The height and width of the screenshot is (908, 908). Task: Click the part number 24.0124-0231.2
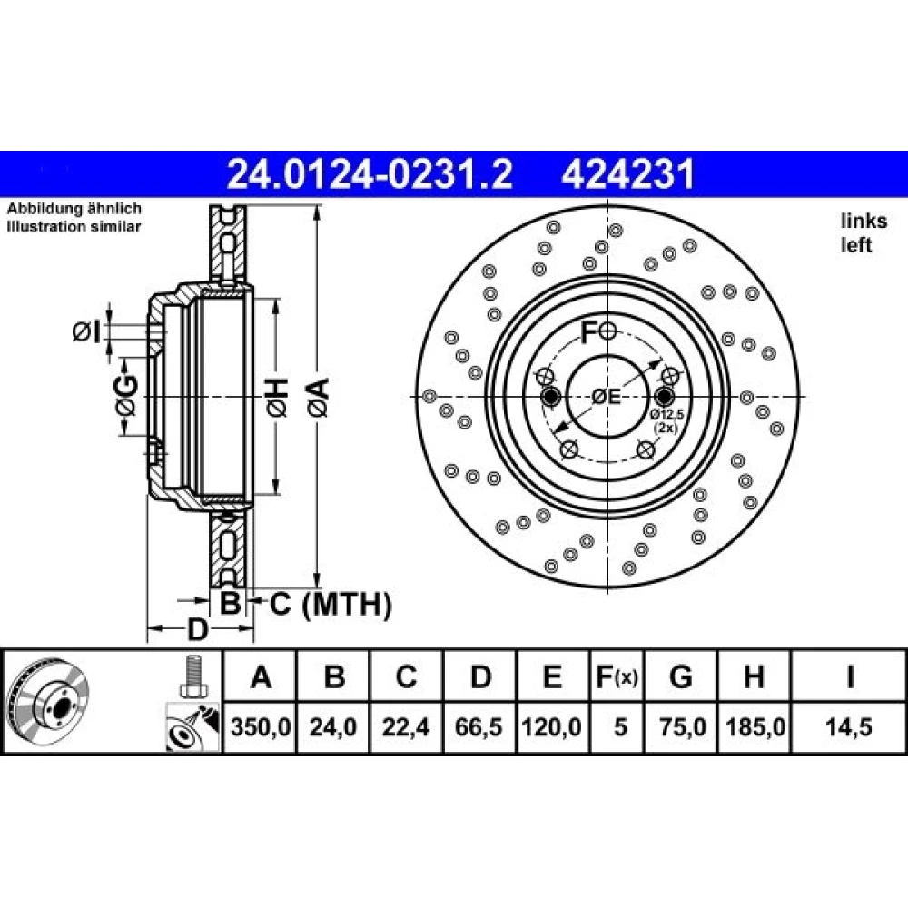(x=370, y=173)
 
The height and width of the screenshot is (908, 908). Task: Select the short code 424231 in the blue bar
(x=627, y=173)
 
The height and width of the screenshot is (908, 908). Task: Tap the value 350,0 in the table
(x=260, y=726)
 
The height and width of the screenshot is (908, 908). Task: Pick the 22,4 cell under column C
(x=406, y=726)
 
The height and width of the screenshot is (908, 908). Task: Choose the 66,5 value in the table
(x=479, y=726)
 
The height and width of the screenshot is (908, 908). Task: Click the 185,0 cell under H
(x=755, y=726)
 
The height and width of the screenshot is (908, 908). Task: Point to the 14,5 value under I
(x=849, y=726)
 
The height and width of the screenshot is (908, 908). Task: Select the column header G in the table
(x=680, y=676)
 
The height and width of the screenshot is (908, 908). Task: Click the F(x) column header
(x=617, y=676)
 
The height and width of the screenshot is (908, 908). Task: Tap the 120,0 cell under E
(x=551, y=726)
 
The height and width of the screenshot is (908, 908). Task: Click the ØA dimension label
(x=319, y=398)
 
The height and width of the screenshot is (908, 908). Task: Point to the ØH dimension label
(x=277, y=398)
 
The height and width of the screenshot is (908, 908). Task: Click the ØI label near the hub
(x=86, y=332)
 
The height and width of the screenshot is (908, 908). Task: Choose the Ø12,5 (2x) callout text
(x=666, y=421)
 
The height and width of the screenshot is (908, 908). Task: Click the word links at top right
(x=864, y=221)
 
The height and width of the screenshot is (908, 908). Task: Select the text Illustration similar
(x=74, y=226)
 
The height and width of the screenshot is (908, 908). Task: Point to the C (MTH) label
(x=331, y=605)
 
